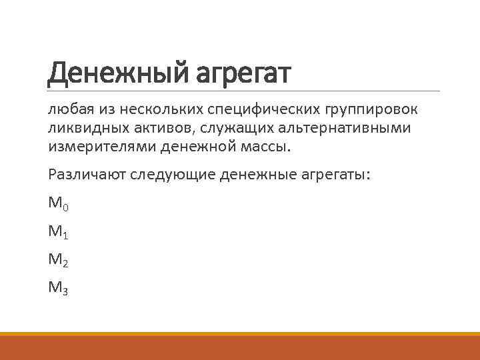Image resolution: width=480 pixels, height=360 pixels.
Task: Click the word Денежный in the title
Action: (114, 73)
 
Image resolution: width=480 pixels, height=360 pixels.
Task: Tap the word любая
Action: (69, 109)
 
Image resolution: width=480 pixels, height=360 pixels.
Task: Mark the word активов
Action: (157, 127)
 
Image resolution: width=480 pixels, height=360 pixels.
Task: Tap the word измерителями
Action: (95, 145)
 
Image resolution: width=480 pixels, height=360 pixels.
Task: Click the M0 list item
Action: (58, 203)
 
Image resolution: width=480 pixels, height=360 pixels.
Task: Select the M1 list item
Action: (58, 232)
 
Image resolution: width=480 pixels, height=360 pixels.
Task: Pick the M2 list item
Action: (58, 261)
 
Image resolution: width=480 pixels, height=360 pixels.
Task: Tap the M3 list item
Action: (58, 289)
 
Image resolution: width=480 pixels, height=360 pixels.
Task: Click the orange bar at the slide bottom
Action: (240, 347)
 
